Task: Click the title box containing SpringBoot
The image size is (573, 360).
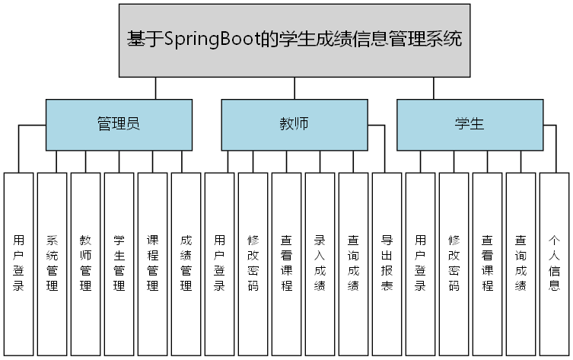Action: click(x=294, y=40)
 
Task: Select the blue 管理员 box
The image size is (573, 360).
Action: click(x=118, y=124)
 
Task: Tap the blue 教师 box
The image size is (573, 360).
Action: click(x=294, y=124)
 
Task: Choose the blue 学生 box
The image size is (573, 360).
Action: click(x=470, y=124)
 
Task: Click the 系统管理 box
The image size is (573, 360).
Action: click(x=53, y=263)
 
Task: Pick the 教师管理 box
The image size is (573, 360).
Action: click(x=86, y=263)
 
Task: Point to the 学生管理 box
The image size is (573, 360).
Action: click(x=119, y=263)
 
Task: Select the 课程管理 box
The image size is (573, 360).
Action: click(x=153, y=263)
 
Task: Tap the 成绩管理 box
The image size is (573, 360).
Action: click(x=186, y=263)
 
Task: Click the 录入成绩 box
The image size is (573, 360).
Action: click(x=320, y=263)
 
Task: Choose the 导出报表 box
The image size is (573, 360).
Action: click(x=387, y=263)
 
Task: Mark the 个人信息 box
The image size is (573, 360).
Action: click(x=554, y=263)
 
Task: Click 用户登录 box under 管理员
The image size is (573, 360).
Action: click(x=19, y=263)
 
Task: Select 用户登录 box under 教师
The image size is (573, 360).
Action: click(x=220, y=263)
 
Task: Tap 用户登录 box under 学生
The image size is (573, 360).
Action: click(x=420, y=263)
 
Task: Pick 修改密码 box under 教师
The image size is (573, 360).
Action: click(x=253, y=263)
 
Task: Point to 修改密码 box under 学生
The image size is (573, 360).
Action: click(x=454, y=263)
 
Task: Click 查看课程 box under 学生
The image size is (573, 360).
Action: click(x=488, y=263)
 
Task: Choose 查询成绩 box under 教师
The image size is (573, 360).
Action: click(x=354, y=263)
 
